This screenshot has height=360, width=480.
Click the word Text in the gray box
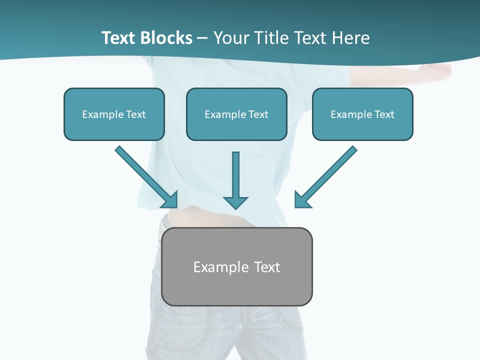pos(267,267)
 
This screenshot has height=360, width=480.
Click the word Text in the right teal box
pos(384,114)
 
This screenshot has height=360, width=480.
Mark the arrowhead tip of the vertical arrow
pos(235,208)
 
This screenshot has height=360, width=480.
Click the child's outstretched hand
pos(440,70)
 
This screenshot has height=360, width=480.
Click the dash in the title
pos(202,38)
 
